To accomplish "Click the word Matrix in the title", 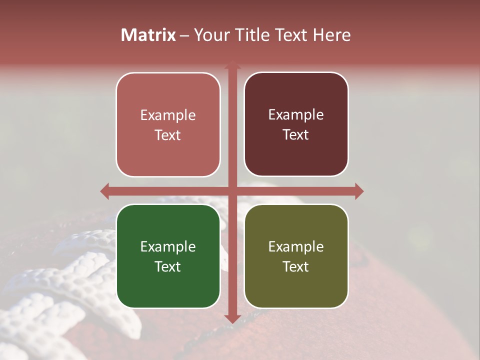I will tap(148, 35).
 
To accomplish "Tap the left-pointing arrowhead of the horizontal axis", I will tap(104, 191).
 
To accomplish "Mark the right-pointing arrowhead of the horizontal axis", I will tap(359, 191).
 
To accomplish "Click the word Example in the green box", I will tap(168, 246).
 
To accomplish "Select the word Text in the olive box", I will tap(296, 266).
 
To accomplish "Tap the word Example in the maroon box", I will tap(296, 115).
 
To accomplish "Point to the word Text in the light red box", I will tap(168, 135).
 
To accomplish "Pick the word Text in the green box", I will tap(168, 266).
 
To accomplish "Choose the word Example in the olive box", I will tap(296, 246).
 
